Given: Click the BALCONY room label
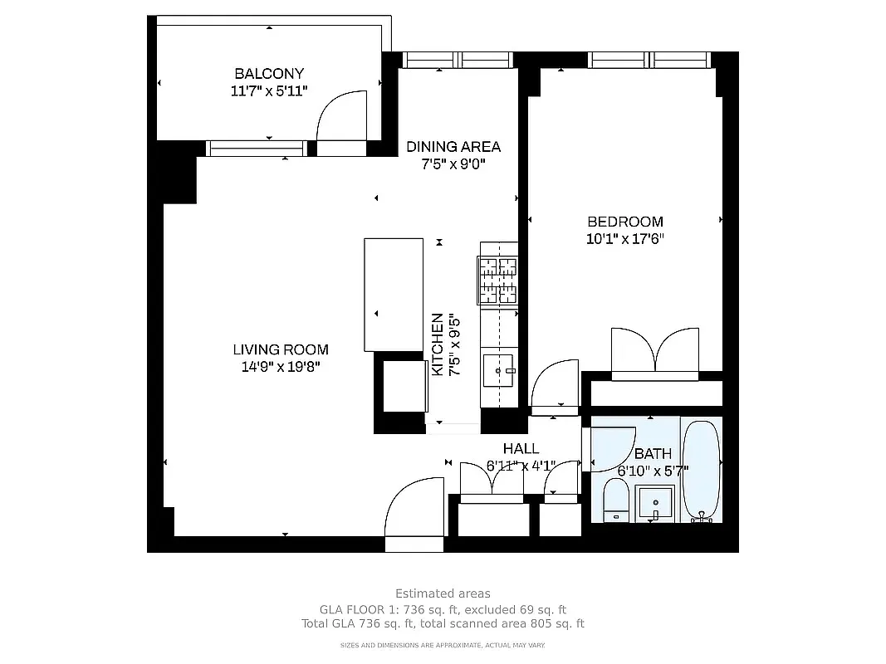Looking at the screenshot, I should click(269, 73).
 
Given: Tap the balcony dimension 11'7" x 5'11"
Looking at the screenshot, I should click(269, 90).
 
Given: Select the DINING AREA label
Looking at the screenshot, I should click(453, 147).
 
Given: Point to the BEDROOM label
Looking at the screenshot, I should click(625, 222).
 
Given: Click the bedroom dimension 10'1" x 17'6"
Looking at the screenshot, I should click(625, 239).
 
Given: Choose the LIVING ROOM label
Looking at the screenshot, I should click(281, 349).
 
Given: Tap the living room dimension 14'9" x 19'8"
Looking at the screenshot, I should click(281, 366).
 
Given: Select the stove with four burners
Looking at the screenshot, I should click(497, 281).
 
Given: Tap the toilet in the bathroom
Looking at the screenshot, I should click(616, 503).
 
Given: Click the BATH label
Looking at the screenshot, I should click(653, 454).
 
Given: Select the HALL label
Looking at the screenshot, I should click(521, 449).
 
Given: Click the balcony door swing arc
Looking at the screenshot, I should click(341, 116).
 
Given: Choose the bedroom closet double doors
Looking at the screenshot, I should click(655, 350).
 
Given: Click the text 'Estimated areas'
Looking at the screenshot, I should click(443, 593).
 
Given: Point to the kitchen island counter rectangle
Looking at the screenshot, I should click(394, 295).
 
